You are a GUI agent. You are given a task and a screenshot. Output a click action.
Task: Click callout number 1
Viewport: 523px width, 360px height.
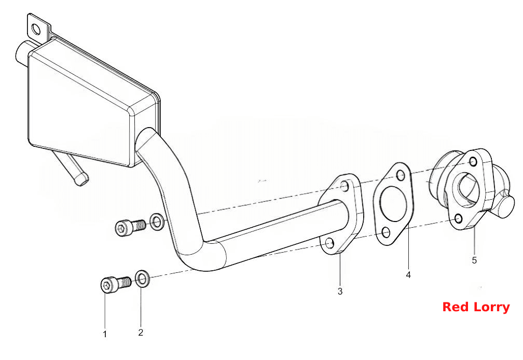(105, 334)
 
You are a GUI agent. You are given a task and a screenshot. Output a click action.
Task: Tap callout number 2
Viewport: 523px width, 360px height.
(141, 333)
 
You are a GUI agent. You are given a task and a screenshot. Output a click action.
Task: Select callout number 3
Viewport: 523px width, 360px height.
(340, 292)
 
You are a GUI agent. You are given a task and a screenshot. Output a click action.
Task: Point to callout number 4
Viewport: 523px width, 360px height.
(408, 275)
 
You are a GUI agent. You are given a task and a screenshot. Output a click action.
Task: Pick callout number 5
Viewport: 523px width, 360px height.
(474, 260)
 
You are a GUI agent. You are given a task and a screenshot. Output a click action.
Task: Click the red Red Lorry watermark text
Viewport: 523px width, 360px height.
(476, 307)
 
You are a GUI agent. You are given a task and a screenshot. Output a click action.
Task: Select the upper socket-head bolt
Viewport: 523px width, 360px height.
(130, 228)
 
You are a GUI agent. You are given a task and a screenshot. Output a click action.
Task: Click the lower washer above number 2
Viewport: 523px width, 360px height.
(142, 279)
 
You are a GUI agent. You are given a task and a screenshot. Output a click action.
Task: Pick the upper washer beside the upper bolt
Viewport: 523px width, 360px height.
(157, 221)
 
